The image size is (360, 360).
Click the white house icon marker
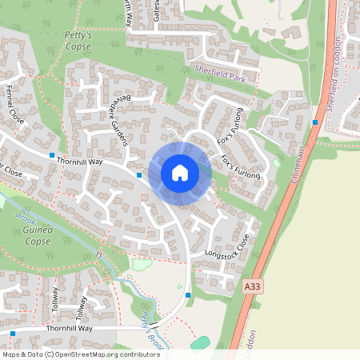point(180,173)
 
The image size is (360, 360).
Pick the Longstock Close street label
point(227,250)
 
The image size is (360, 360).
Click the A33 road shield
point(252,286)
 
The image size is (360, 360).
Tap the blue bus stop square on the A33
point(316,122)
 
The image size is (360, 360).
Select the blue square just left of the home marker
point(139,174)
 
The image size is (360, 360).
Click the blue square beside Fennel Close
point(53,154)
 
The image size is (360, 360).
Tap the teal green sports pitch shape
point(201,342)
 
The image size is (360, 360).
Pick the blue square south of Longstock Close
point(188,295)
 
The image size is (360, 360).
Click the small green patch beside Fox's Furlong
point(277,163)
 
